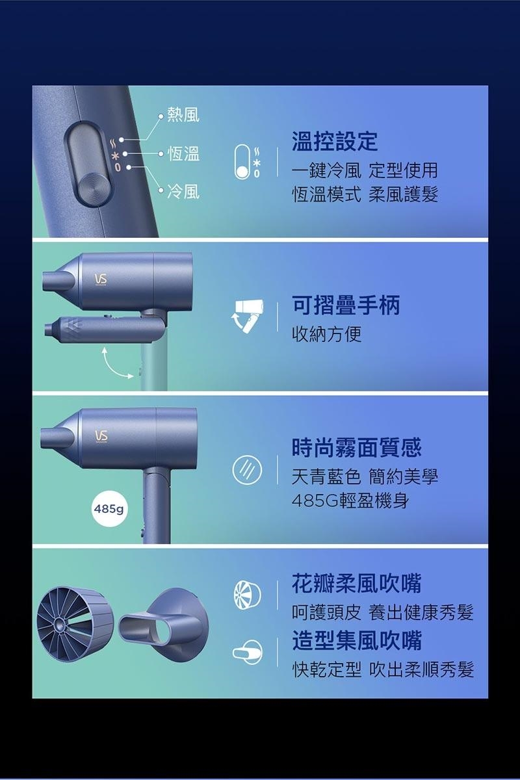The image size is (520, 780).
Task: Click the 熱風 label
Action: click(x=183, y=115)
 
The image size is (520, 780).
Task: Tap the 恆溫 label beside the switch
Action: click(x=183, y=153)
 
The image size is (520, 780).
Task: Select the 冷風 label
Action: click(x=183, y=192)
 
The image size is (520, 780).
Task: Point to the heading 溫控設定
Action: click(x=335, y=142)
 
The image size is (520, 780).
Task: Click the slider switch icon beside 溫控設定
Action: click(x=242, y=162)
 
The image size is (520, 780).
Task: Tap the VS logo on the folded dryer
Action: click(x=100, y=279)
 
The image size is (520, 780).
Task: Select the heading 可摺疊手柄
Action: click(x=346, y=305)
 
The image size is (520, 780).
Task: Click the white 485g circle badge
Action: click(x=109, y=509)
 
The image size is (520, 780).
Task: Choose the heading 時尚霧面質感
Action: click(x=356, y=448)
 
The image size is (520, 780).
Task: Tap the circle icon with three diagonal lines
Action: click(x=247, y=471)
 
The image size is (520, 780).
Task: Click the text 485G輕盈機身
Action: click(x=350, y=501)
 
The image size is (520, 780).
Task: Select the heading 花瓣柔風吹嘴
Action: click(x=356, y=584)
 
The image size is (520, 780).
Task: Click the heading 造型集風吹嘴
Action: click(x=356, y=641)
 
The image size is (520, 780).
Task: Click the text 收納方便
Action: click(x=327, y=334)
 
